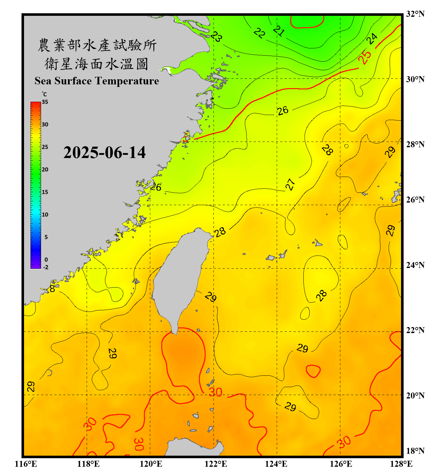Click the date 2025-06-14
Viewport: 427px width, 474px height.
(x=104, y=153)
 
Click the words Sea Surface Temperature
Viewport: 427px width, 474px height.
(x=97, y=81)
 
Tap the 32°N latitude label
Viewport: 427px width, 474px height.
(x=415, y=14)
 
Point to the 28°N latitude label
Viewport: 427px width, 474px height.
(x=415, y=144)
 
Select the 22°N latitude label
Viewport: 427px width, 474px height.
(x=415, y=330)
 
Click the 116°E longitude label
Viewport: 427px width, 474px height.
(x=26, y=464)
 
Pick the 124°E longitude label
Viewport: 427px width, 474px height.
(x=276, y=464)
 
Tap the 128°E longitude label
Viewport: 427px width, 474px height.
(x=401, y=464)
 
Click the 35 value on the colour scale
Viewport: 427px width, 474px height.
(x=45, y=102)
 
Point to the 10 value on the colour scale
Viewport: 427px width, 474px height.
(x=45, y=215)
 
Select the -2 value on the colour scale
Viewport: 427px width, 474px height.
(x=46, y=267)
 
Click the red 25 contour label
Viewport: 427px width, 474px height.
(x=365, y=57)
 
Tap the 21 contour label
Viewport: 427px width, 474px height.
(x=279, y=31)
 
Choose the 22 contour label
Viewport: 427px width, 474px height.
(x=259, y=33)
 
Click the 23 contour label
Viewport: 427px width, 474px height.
(x=216, y=37)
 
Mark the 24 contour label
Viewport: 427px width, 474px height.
(x=372, y=39)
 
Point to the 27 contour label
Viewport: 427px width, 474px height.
(x=290, y=184)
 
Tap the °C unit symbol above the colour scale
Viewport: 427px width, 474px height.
(x=44, y=94)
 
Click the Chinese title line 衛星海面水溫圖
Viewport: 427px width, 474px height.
(x=96, y=64)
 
